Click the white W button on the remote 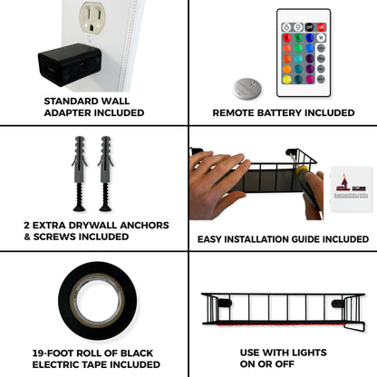coord(321,38)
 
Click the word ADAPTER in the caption coord(70,113)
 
